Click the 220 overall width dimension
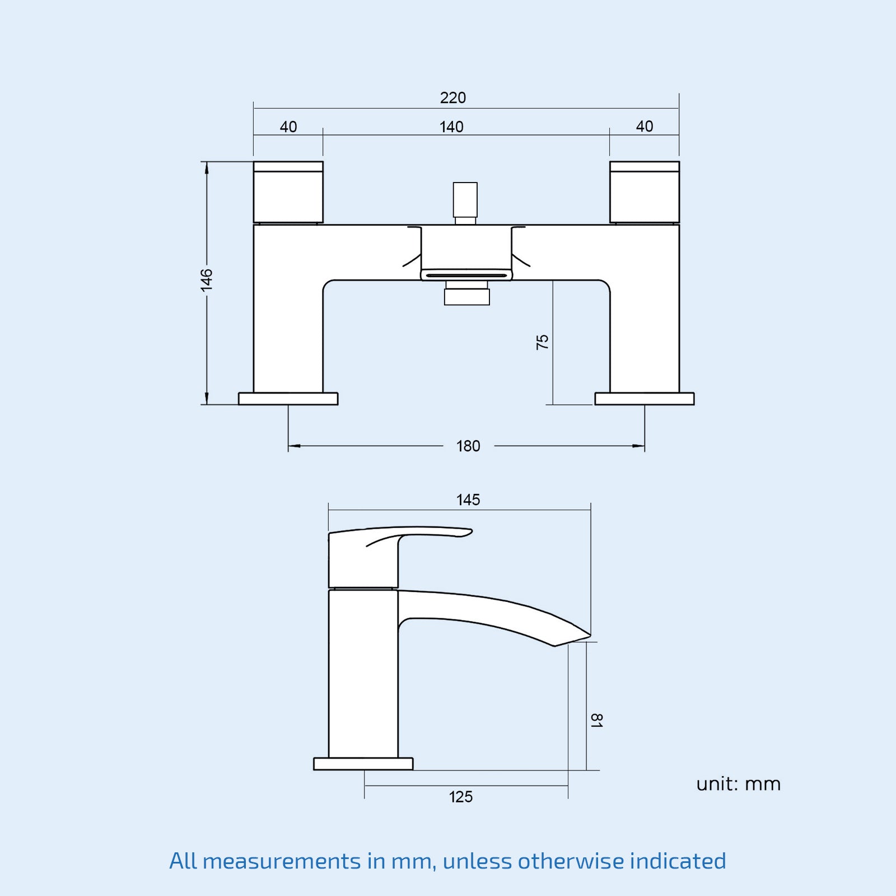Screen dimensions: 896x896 click(x=452, y=98)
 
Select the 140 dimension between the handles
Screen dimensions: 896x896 click(x=451, y=127)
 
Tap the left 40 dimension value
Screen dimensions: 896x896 click(x=288, y=127)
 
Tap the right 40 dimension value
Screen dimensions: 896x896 click(x=645, y=127)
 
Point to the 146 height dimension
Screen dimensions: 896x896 click(x=207, y=279)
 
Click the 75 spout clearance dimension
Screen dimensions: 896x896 click(x=542, y=342)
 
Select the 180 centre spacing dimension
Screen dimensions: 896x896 click(x=468, y=446)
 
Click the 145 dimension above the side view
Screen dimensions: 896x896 click(x=468, y=500)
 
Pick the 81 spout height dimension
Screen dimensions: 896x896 click(x=596, y=720)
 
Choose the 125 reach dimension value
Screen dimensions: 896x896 click(x=461, y=797)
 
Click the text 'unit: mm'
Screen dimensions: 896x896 click(x=738, y=784)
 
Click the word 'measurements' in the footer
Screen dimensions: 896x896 click(x=282, y=861)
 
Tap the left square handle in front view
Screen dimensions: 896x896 click(x=288, y=193)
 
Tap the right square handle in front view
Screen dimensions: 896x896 click(x=645, y=193)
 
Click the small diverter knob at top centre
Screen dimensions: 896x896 click(x=465, y=200)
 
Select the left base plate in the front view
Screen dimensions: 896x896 click(x=288, y=399)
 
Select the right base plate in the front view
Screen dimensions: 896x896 click(x=645, y=399)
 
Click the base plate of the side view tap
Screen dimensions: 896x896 click(x=363, y=764)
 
